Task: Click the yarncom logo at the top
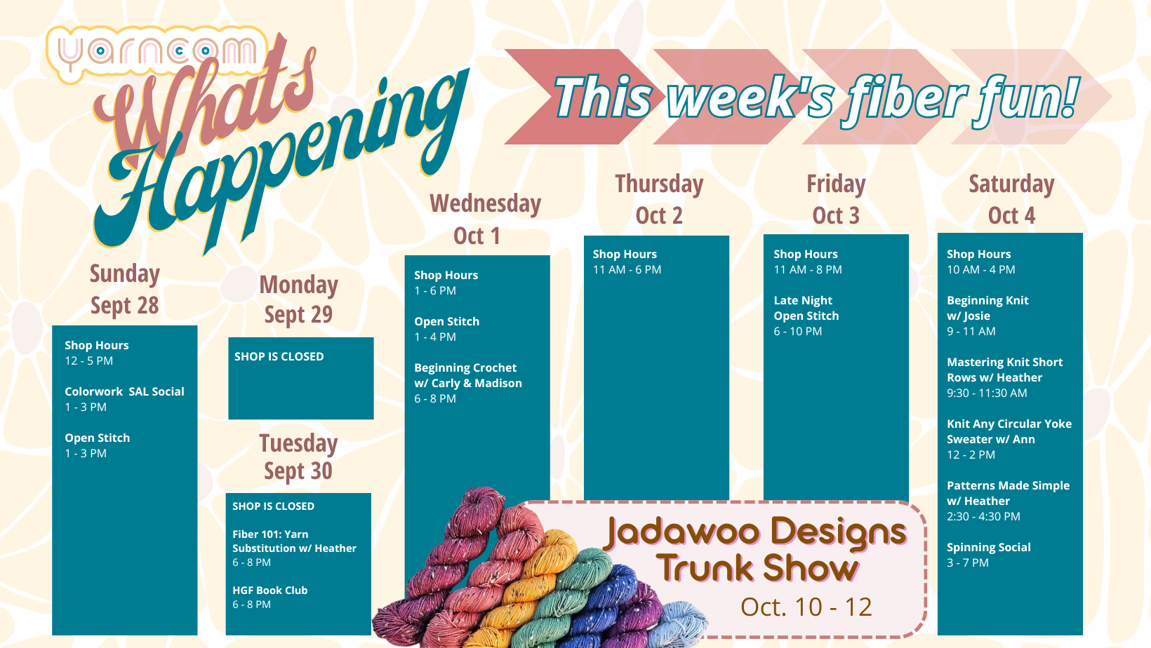tap(157, 53)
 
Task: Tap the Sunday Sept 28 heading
tap(125, 289)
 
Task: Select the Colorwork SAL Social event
tap(124, 399)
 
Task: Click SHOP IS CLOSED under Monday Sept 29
tap(279, 356)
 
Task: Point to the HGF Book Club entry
tap(270, 598)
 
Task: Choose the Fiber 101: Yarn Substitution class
tap(294, 548)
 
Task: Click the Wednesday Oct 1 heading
tap(485, 220)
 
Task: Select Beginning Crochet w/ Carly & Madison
tap(467, 383)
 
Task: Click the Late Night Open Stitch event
tap(806, 316)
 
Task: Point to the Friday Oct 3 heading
tap(836, 199)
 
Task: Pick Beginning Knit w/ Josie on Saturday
tap(987, 316)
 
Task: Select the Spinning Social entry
tap(989, 555)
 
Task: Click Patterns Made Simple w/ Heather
tap(1008, 501)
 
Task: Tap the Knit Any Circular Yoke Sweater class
tap(1009, 439)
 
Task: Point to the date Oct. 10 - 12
tap(806, 607)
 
